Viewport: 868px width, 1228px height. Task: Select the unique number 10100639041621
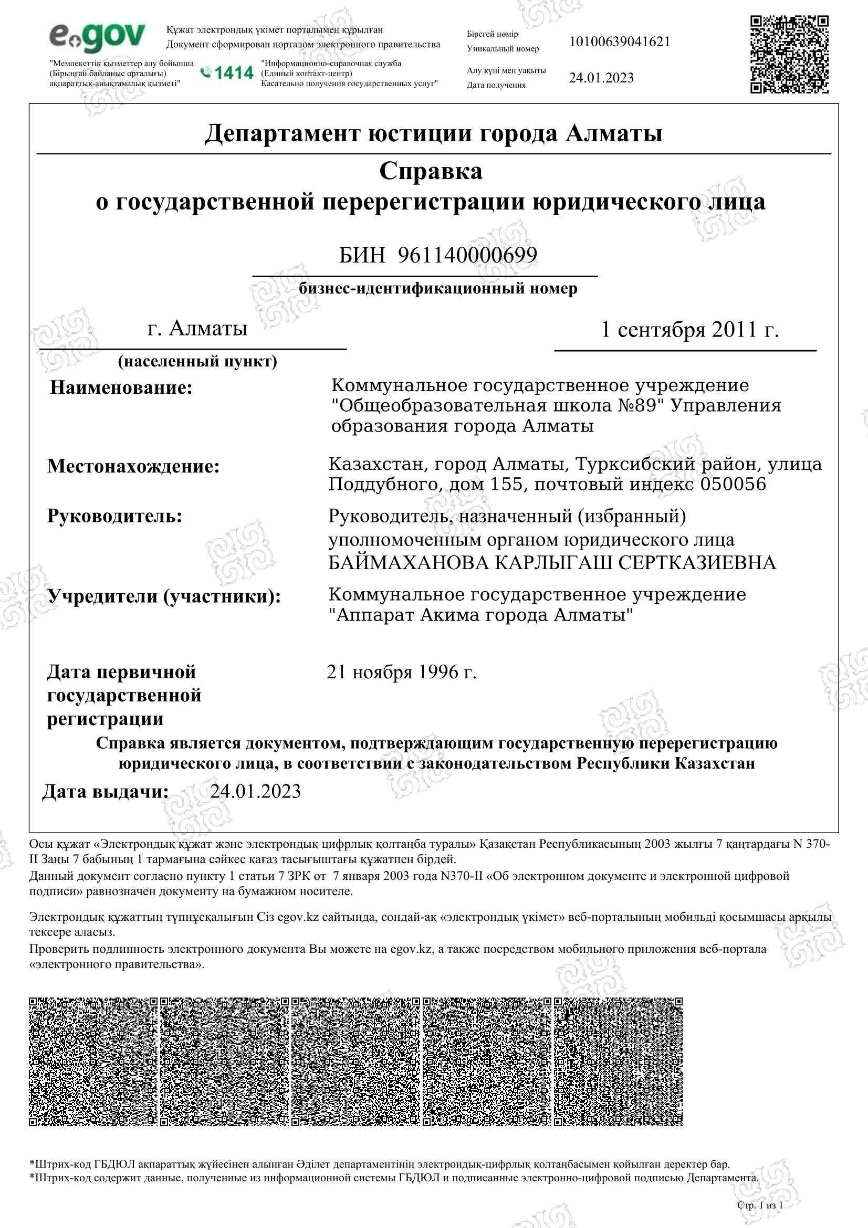pyautogui.click(x=619, y=41)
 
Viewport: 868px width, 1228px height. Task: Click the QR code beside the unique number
pyautogui.click(x=789, y=54)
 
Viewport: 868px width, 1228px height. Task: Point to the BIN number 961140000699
pyautogui.click(x=467, y=255)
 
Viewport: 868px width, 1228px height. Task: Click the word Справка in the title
pyautogui.click(x=431, y=172)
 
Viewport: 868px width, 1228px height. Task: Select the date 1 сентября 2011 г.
pyautogui.click(x=689, y=330)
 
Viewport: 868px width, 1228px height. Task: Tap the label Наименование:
pyautogui.click(x=121, y=387)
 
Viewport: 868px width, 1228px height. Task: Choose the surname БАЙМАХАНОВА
pyautogui.click(x=408, y=563)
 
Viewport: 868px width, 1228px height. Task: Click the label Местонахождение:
pyautogui.click(x=133, y=466)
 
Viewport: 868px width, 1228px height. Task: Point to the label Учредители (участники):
pyautogui.click(x=164, y=596)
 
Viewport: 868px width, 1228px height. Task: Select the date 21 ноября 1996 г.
pyautogui.click(x=401, y=672)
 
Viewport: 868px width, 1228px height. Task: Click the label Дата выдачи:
pyautogui.click(x=106, y=792)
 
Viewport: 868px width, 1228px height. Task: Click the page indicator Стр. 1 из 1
pyautogui.click(x=759, y=1204)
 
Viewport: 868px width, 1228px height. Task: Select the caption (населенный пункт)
pyautogui.click(x=197, y=362)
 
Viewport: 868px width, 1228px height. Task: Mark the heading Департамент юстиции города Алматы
pyautogui.click(x=433, y=133)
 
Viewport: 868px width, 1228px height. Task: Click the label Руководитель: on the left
pyautogui.click(x=114, y=516)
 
